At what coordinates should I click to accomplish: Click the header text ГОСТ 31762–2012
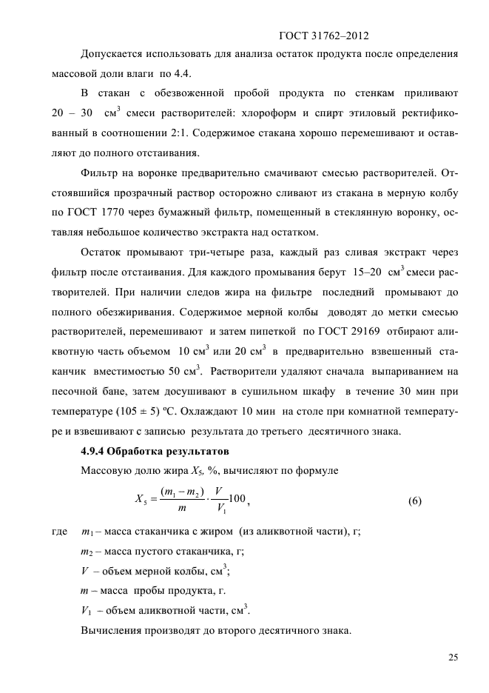click(x=323, y=36)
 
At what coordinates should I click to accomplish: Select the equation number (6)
click(x=414, y=500)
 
